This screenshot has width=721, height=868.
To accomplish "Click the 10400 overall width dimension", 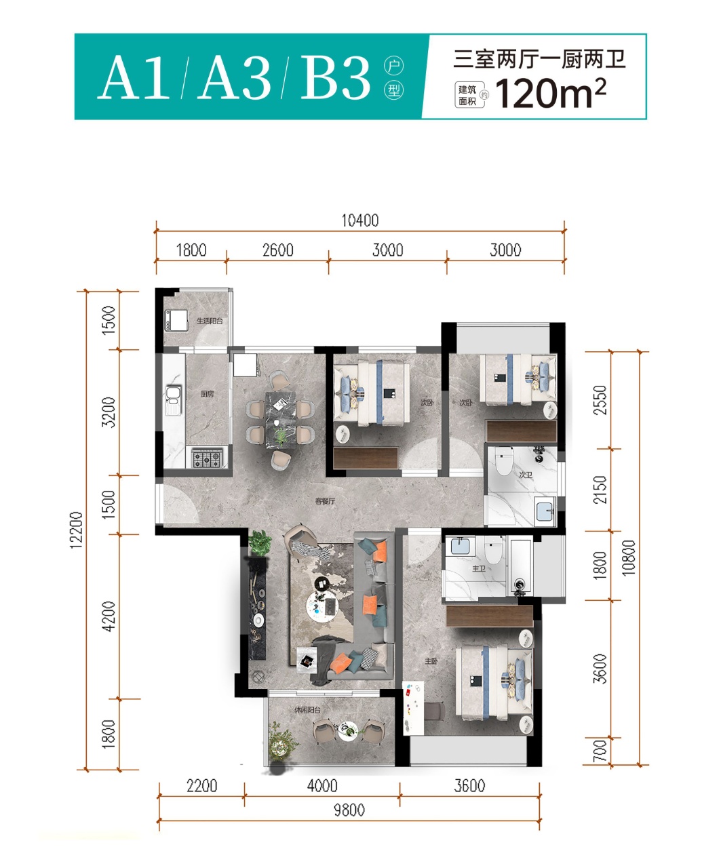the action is (x=360, y=221).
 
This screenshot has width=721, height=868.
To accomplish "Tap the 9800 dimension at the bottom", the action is (x=349, y=810).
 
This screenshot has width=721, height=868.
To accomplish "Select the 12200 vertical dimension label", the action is (x=76, y=530).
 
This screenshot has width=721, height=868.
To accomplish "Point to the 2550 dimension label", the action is (x=600, y=400).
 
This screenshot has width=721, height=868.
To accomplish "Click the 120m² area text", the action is (x=551, y=94).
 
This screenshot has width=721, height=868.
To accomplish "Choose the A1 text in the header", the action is (x=134, y=78).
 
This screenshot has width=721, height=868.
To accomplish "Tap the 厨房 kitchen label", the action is (x=207, y=394).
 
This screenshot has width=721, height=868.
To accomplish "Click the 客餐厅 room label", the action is (x=325, y=501).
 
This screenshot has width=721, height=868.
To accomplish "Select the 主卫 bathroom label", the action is (x=479, y=568).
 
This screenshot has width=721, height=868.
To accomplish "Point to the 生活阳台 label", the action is (x=210, y=321).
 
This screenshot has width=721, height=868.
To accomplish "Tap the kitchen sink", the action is (x=174, y=400).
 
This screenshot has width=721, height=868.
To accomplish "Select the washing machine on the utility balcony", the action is (x=176, y=320).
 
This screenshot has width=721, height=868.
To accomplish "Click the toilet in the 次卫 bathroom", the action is (x=504, y=461).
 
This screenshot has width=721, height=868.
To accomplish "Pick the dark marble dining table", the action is (x=280, y=420).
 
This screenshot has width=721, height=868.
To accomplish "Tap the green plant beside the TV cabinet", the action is (x=260, y=542).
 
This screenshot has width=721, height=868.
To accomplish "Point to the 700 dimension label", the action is (x=600, y=751).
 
